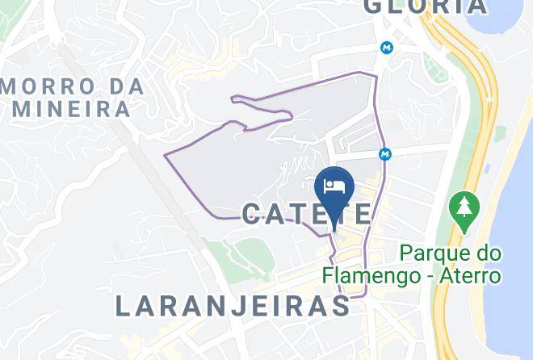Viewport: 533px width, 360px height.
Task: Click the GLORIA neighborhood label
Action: pyautogui.click(x=426, y=6)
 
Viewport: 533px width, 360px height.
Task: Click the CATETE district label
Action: pyautogui.click(x=308, y=214)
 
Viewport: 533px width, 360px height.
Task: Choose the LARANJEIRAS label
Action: pyautogui.click(x=233, y=306)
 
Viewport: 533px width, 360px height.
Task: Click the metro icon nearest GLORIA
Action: pyautogui.click(x=388, y=48)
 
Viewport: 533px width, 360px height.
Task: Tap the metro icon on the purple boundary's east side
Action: pyautogui.click(x=385, y=153)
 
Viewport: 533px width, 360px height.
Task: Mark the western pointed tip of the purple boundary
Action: pyautogui.click(x=166, y=153)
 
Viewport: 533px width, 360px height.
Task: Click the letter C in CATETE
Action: pyautogui.click(x=254, y=214)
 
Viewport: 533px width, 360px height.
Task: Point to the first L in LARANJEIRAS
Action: pyautogui.click(x=123, y=306)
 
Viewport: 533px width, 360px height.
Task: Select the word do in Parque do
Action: pyautogui.click(x=485, y=253)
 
